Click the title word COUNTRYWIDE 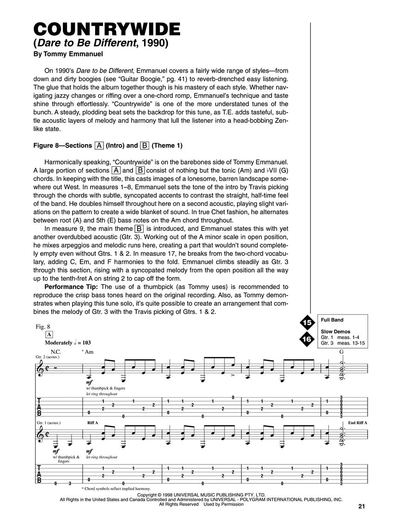107,29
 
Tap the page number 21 361,507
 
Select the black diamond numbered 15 307,322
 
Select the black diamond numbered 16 307,339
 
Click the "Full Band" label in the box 332,320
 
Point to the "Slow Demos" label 335,332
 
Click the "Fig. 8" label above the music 43,326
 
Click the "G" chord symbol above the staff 341,351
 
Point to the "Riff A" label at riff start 93,423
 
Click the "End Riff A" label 357,423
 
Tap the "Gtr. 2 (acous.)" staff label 48,357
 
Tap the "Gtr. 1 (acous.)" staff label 48,423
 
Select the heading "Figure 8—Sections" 63,145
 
